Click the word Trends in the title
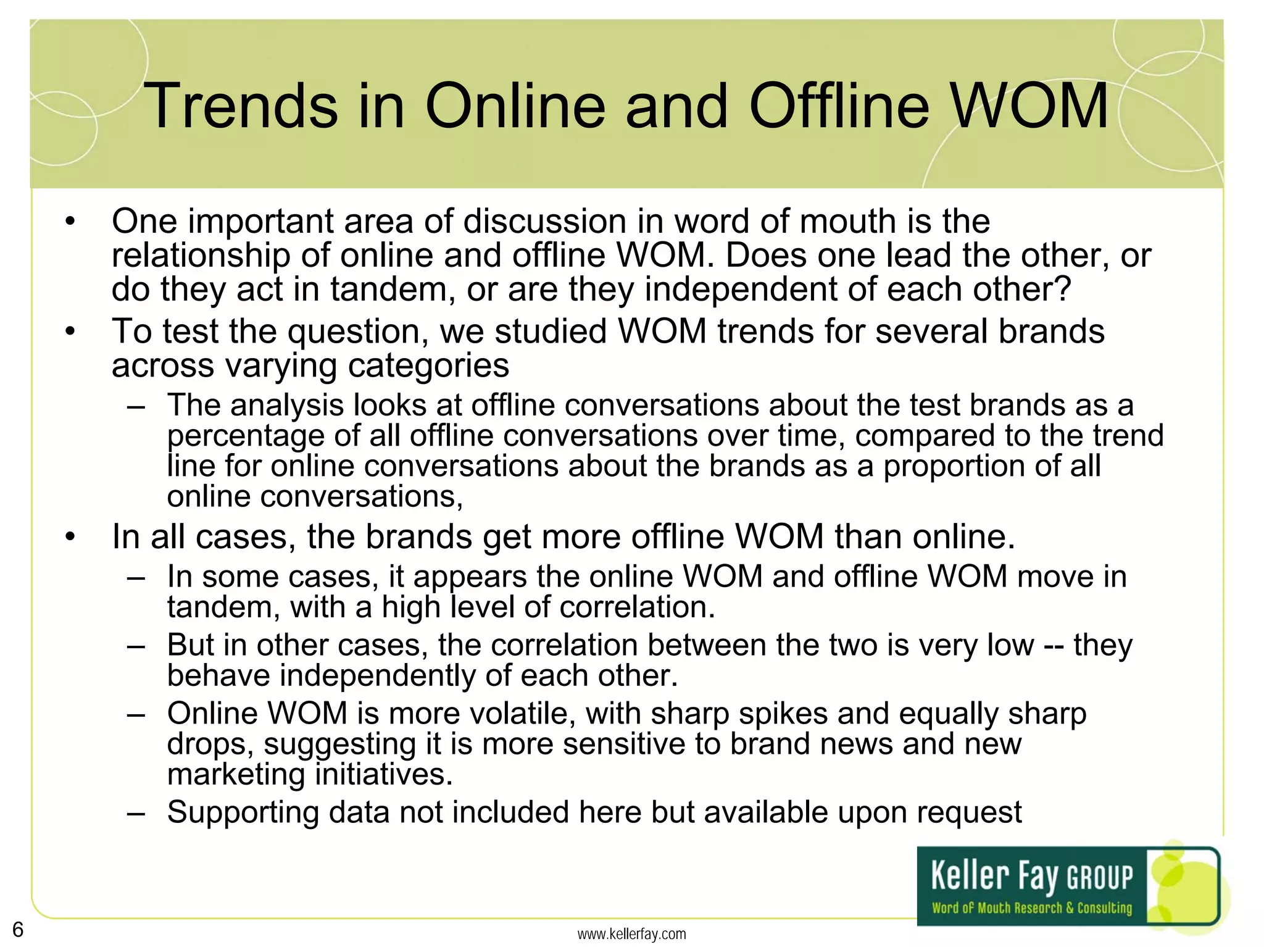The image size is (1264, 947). [x=241, y=106]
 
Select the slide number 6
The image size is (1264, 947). [x=18, y=930]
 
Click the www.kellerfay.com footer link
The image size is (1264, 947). [x=631, y=934]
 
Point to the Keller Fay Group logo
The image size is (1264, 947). [x=1068, y=885]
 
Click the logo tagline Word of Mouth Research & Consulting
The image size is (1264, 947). [x=1032, y=908]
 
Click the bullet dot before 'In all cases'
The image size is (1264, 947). [x=71, y=537]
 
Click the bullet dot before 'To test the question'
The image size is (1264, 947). [x=71, y=332]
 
